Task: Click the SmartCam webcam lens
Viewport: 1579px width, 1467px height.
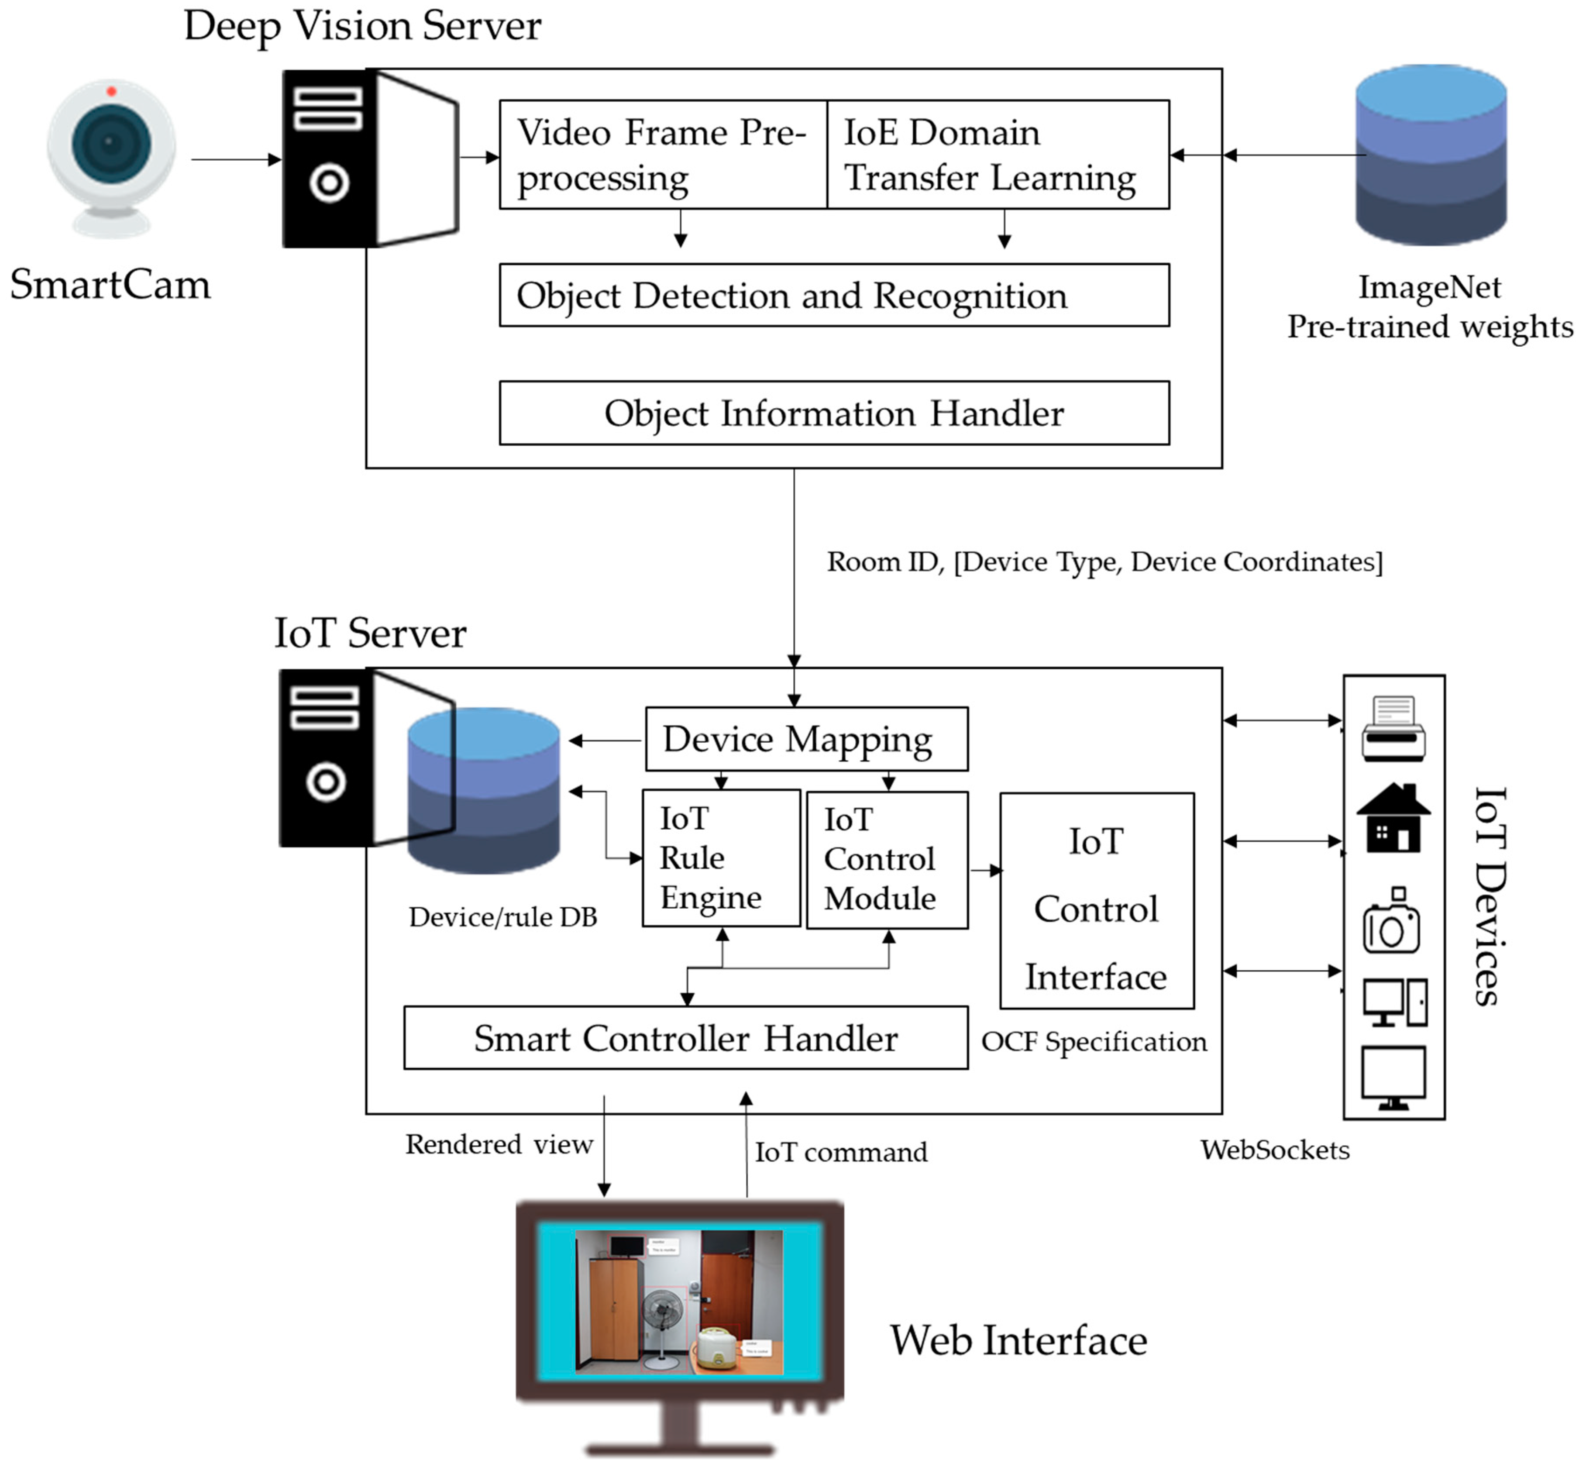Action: (110, 143)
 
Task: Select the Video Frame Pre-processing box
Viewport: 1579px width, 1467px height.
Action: (662, 155)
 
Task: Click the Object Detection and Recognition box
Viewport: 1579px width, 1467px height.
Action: (833, 295)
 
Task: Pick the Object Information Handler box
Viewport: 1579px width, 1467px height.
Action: (833, 413)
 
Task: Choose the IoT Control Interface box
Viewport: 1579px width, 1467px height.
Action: (1096, 901)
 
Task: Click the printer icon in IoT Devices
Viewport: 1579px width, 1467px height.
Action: (1393, 729)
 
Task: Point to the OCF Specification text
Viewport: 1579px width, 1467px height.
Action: (1093, 1041)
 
